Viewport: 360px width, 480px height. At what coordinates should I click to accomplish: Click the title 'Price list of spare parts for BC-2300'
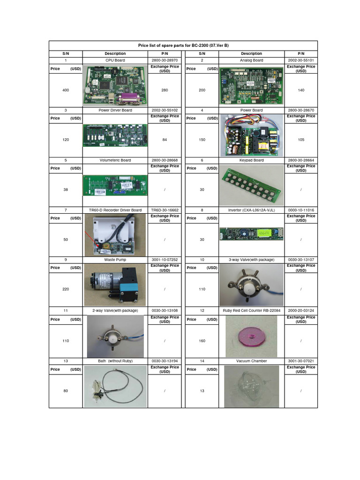click(183, 45)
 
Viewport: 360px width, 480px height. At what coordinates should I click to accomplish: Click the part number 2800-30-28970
click(165, 60)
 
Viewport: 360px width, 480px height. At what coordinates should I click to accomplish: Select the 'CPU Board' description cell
click(115, 60)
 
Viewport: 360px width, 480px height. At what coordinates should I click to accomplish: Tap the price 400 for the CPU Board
click(66, 90)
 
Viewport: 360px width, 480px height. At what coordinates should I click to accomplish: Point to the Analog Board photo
click(252, 86)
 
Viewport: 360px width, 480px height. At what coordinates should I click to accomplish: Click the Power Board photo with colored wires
click(252, 135)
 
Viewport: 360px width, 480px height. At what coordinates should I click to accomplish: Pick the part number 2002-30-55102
click(165, 111)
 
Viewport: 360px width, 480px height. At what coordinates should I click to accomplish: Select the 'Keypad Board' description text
click(252, 160)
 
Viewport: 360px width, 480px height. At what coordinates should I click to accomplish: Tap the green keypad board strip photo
click(252, 186)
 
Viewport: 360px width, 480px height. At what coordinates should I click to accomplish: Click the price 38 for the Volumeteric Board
click(66, 190)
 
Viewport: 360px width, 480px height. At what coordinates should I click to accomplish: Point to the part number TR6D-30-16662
click(165, 210)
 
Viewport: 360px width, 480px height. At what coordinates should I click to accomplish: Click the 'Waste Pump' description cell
click(115, 260)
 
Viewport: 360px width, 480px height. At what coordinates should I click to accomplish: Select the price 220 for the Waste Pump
click(66, 289)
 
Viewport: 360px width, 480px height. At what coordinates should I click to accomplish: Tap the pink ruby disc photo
click(251, 336)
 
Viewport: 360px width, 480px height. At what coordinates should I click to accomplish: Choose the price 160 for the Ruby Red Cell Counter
click(202, 341)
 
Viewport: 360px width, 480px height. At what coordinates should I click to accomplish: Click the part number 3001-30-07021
click(301, 361)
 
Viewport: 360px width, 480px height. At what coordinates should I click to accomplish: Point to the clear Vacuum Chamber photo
click(251, 386)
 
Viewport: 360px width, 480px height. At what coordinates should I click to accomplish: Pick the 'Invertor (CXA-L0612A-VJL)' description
click(252, 210)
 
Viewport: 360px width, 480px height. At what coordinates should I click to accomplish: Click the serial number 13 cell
click(66, 361)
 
